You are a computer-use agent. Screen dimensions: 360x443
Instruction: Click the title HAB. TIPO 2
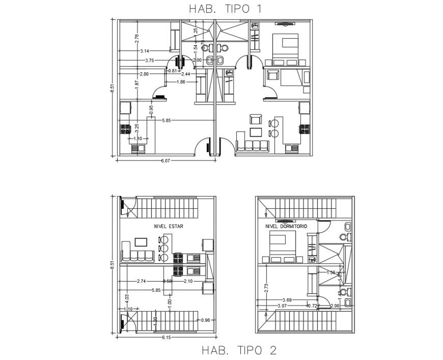coord(239,350)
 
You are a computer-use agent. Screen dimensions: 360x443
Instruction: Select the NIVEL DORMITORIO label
coord(285,226)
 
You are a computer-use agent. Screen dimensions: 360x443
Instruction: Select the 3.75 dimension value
coord(150,61)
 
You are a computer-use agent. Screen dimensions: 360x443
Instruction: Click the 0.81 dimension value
coord(173,71)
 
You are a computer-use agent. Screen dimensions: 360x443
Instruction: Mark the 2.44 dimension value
coord(186,74)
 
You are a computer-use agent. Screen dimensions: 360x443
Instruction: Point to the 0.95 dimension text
coord(151,109)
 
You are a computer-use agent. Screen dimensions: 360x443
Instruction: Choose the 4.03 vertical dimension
coord(127,297)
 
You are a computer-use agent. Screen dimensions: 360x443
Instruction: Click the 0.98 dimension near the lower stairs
coord(205,320)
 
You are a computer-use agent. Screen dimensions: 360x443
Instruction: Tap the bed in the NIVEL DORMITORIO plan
coord(280,244)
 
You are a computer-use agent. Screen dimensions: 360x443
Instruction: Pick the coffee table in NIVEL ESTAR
coord(141,242)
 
